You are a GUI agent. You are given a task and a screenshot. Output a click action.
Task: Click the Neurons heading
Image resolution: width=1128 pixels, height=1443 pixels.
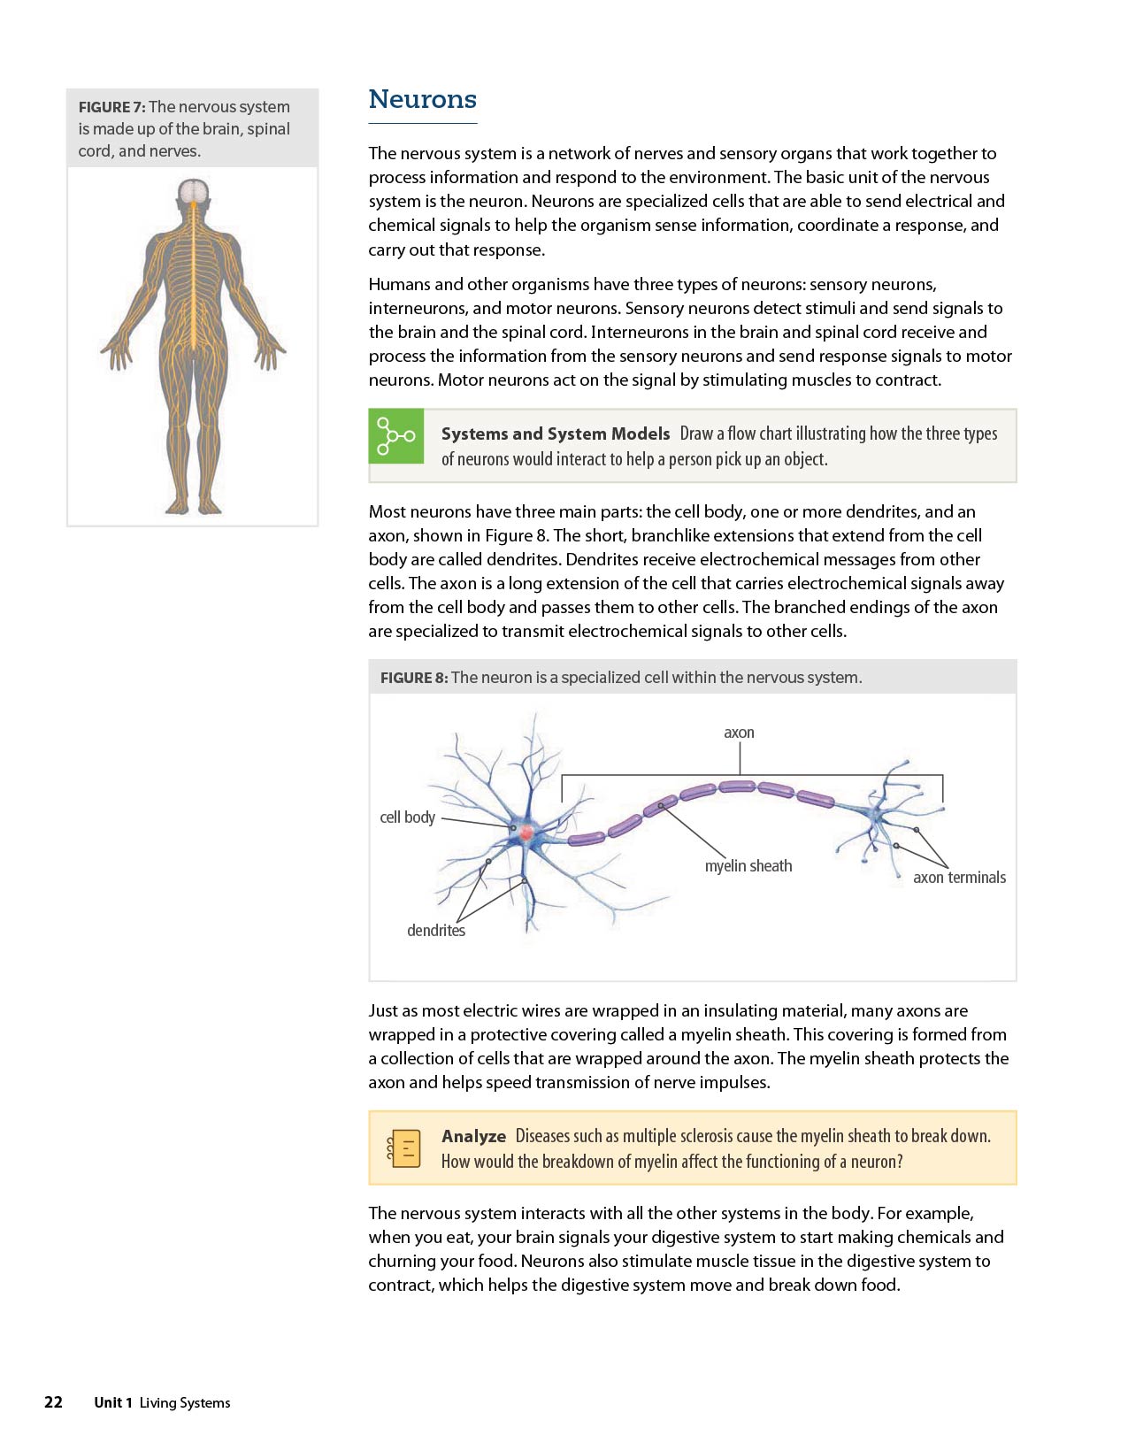click(x=422, y=99)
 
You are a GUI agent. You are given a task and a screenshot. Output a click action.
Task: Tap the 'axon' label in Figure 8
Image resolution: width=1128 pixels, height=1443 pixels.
click(x=739, y=733)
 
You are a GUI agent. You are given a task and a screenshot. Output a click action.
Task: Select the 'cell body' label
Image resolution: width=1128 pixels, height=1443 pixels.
click(x=407, y=817)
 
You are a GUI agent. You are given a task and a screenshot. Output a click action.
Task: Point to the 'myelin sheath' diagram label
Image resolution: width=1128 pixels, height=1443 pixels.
click(x=748, y=866)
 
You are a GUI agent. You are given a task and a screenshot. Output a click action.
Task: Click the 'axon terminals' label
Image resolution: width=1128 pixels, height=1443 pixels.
click(x=959, y=878)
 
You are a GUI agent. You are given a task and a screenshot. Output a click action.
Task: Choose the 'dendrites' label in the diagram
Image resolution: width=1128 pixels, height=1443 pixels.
click(x=435, y=931)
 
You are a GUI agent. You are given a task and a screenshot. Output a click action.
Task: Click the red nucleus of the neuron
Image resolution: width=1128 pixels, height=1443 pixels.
click(x=526, y=833)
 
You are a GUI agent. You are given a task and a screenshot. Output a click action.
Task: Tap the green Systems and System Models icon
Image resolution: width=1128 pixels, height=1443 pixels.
click(x=395, y=436)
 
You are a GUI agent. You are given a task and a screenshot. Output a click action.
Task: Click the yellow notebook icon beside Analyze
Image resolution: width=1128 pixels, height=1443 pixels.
click(x=404, y=1147)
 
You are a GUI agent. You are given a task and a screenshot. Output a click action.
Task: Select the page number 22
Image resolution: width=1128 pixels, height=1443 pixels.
click(x=53, y=1402)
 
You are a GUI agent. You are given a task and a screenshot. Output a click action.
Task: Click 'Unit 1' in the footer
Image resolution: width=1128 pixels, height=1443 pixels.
click(x=113, y=1402)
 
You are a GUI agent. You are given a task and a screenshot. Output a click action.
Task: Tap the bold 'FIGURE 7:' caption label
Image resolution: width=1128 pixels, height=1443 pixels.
click(x=111, y=107)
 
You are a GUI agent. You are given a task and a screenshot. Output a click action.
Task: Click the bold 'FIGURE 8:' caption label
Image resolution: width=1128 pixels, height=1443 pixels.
click(x=413, y=678)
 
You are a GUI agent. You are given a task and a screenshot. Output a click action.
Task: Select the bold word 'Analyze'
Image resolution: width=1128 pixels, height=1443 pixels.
click(x=473, y=1136)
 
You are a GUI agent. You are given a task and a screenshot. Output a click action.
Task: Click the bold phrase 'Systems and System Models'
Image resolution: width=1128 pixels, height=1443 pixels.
click(x=556, y=434)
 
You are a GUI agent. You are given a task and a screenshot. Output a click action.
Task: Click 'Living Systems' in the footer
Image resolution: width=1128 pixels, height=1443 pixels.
click(x=185, y=1402)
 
